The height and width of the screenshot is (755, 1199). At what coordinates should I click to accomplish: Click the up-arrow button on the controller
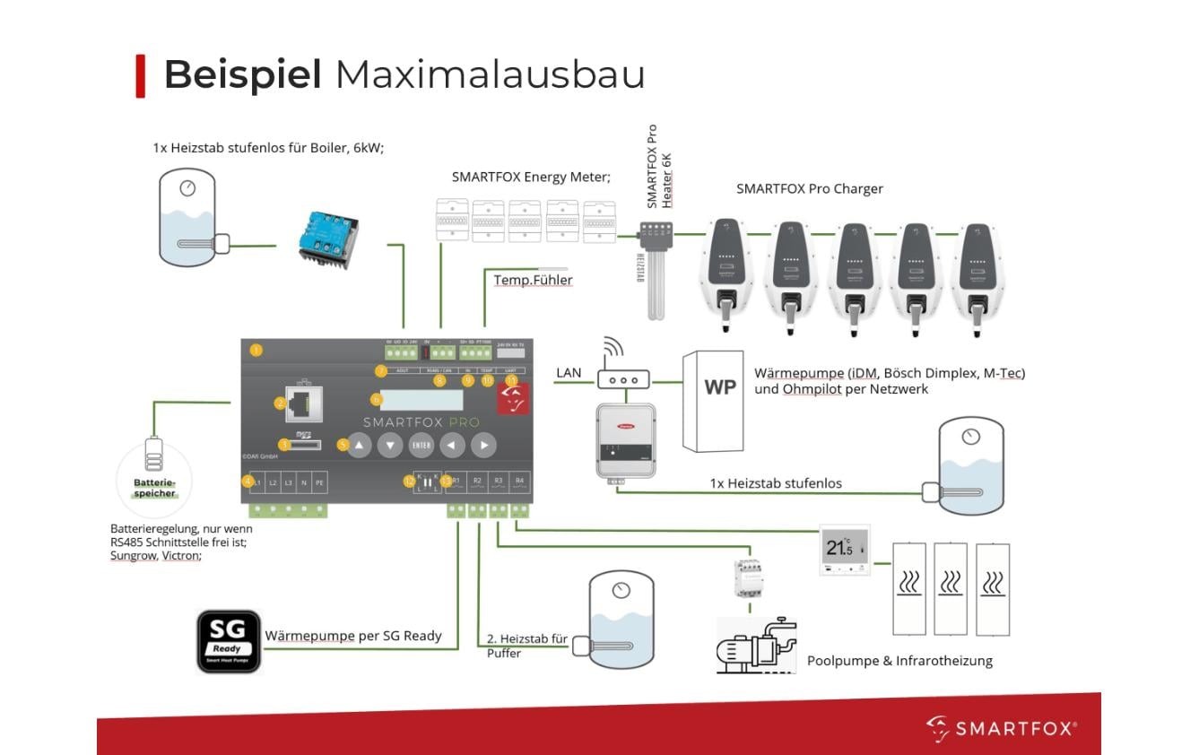(x=360, y=444)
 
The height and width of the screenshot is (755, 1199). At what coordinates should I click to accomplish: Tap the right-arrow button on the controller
(x=483, y=444)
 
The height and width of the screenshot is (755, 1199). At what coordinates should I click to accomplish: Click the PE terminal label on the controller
(x=319, y=483)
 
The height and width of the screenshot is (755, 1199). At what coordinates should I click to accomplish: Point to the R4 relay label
(x=519, y=482)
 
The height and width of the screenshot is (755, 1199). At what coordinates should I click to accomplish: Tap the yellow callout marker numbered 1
(x=256, y=350)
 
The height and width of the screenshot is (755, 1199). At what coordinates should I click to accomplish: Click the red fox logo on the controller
(x=514, y=395)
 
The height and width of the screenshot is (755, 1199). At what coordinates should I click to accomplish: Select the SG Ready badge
(x=229, y=641)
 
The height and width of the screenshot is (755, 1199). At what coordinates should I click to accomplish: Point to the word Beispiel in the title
(x=242, y=74)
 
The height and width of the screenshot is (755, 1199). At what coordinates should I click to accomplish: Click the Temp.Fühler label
(x=533, y=280)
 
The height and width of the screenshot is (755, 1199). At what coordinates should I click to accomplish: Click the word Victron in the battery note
(x=181, y=555)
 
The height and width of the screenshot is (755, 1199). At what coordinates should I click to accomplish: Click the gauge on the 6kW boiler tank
(x=187, y=188)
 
